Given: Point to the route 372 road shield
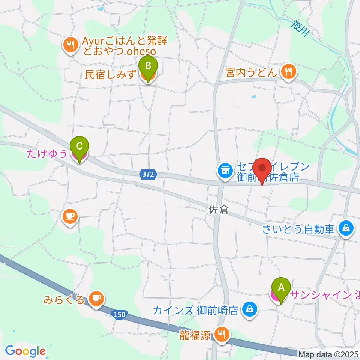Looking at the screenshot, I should click(148, 174).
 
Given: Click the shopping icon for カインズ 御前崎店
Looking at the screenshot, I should click(249, 309).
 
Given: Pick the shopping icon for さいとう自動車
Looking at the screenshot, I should click(346, 227).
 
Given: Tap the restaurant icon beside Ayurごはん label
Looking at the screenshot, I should click(70, 45).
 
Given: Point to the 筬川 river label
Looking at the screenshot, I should click(300, 28).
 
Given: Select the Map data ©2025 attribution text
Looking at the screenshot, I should click(328, 354).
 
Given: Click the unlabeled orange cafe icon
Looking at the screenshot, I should click(70, 217).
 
